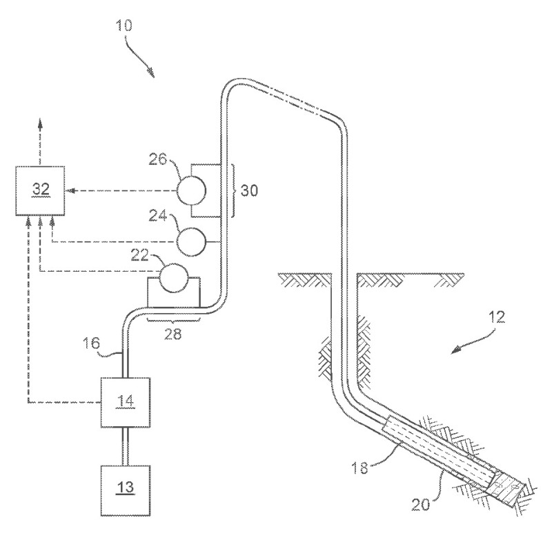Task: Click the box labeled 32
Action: pos(41,190)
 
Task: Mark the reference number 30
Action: pos(250,191)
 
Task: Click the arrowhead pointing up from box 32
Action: pos(40,124)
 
